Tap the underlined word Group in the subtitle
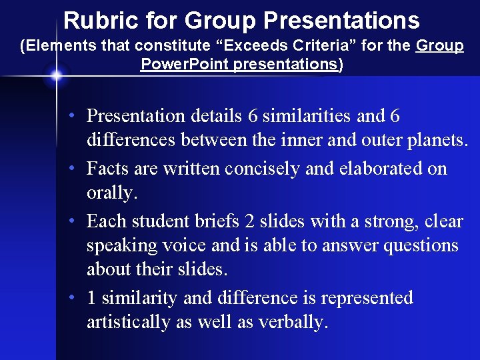[x=439, y=46]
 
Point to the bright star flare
[x=56, y=75]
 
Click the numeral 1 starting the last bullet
[x=91, y=298]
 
